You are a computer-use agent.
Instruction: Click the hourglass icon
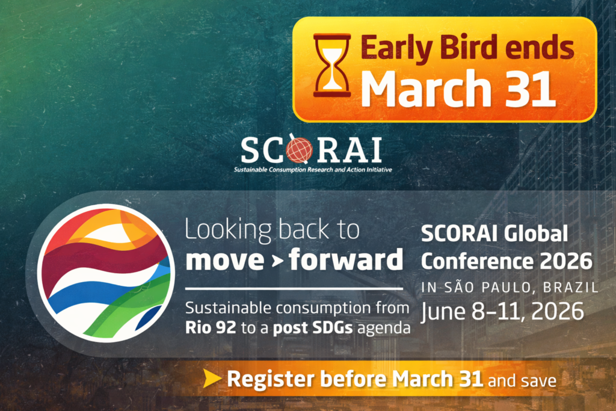(x=332, y=65)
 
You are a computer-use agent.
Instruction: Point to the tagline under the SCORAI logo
(x=313, y=170)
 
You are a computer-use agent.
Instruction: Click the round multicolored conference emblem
(x=106, y=273)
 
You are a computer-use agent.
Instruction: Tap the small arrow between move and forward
(x=277, y=261)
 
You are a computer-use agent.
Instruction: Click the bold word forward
(x=346, y=259)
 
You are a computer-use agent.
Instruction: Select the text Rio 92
(x=211, y=328)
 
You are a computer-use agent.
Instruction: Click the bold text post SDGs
(x=313, y=328)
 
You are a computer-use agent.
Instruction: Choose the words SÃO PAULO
(x=488, y=287)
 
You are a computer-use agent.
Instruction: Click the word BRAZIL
(x=571, y=288)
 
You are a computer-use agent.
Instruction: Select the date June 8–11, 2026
(x=502, y=312)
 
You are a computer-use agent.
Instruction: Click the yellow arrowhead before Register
(x=212, y=379)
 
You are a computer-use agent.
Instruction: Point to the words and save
(x=522, y=380)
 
